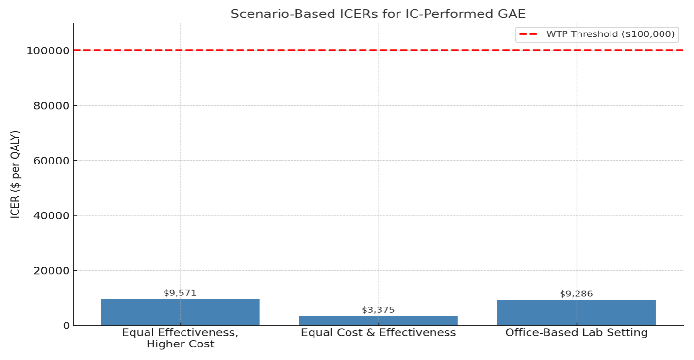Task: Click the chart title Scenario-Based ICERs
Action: coord(378,14)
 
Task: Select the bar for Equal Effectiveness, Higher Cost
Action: coord(180,312)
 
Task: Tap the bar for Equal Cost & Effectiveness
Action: coord(378,321)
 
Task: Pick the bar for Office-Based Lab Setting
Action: coord(576,312)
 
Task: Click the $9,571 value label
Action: coord(180,293)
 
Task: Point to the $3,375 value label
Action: coord(378,310)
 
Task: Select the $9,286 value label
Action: coord(576,294)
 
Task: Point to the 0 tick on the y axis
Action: coord(66,326)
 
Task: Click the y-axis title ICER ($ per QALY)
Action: coord(16,174)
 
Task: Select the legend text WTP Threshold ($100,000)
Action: coord(610,34)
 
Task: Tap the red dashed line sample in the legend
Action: coord(530,34)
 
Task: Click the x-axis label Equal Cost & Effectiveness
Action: coord(378,333)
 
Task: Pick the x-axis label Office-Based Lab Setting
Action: coord(576,333)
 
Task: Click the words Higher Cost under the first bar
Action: coord(180,344)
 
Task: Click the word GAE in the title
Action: coord(510,14)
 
